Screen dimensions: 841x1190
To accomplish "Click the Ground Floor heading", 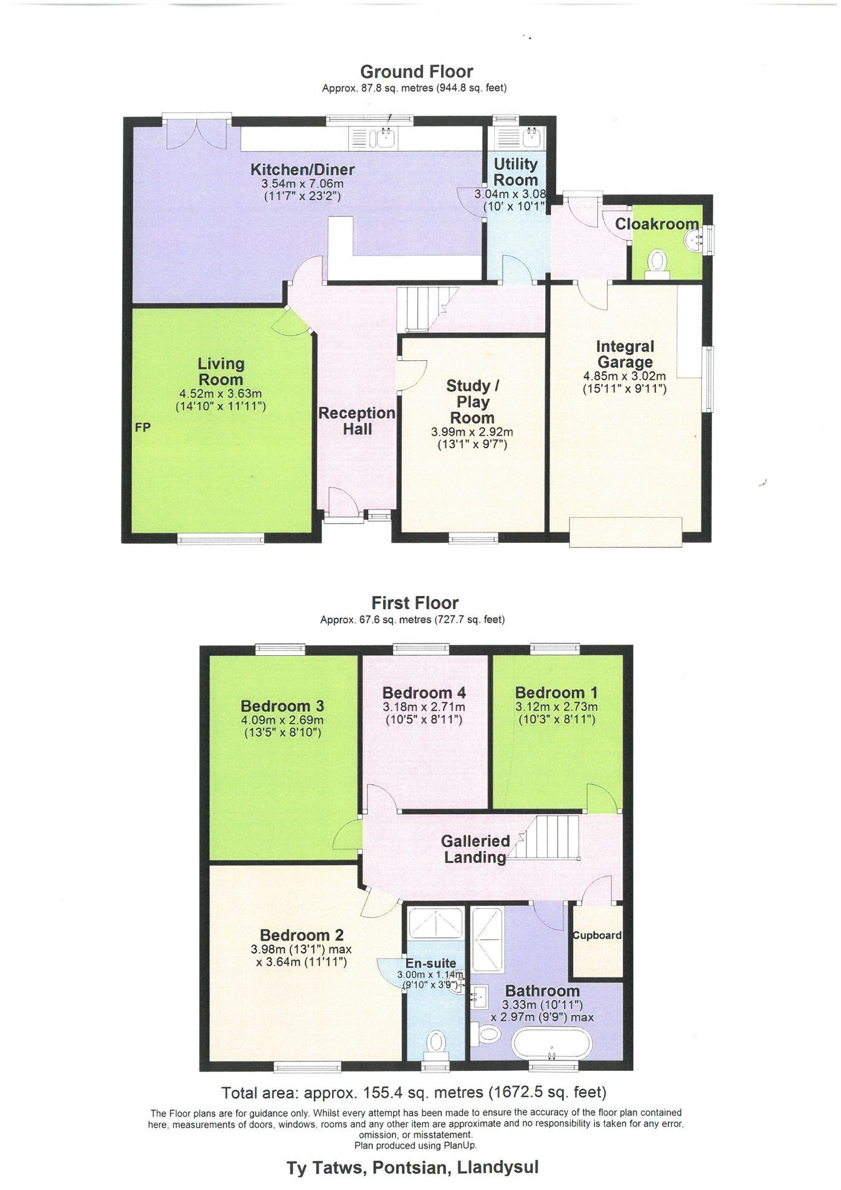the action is [416, 72].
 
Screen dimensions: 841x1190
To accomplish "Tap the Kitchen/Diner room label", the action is [302, 170].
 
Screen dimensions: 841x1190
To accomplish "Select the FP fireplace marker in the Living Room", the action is [143, 428].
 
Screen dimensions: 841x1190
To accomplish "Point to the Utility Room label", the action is [515, 171].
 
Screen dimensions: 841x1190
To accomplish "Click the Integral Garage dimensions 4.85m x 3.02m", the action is [624, 377].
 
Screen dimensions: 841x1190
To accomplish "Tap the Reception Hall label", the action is [357, 421].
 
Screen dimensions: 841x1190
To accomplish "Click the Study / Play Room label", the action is [472, 402].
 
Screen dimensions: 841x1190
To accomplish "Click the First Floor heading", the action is [415, 603].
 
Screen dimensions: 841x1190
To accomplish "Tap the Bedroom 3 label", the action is [282, 706].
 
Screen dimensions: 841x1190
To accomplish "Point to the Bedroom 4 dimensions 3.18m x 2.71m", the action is [424, 708].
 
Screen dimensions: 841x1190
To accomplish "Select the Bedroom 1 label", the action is [556, 693].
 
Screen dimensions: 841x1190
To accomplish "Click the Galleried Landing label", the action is [475, 849].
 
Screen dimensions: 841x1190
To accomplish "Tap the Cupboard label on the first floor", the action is [597, 935].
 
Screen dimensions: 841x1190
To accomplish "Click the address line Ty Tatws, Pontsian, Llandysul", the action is [412, 1167].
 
